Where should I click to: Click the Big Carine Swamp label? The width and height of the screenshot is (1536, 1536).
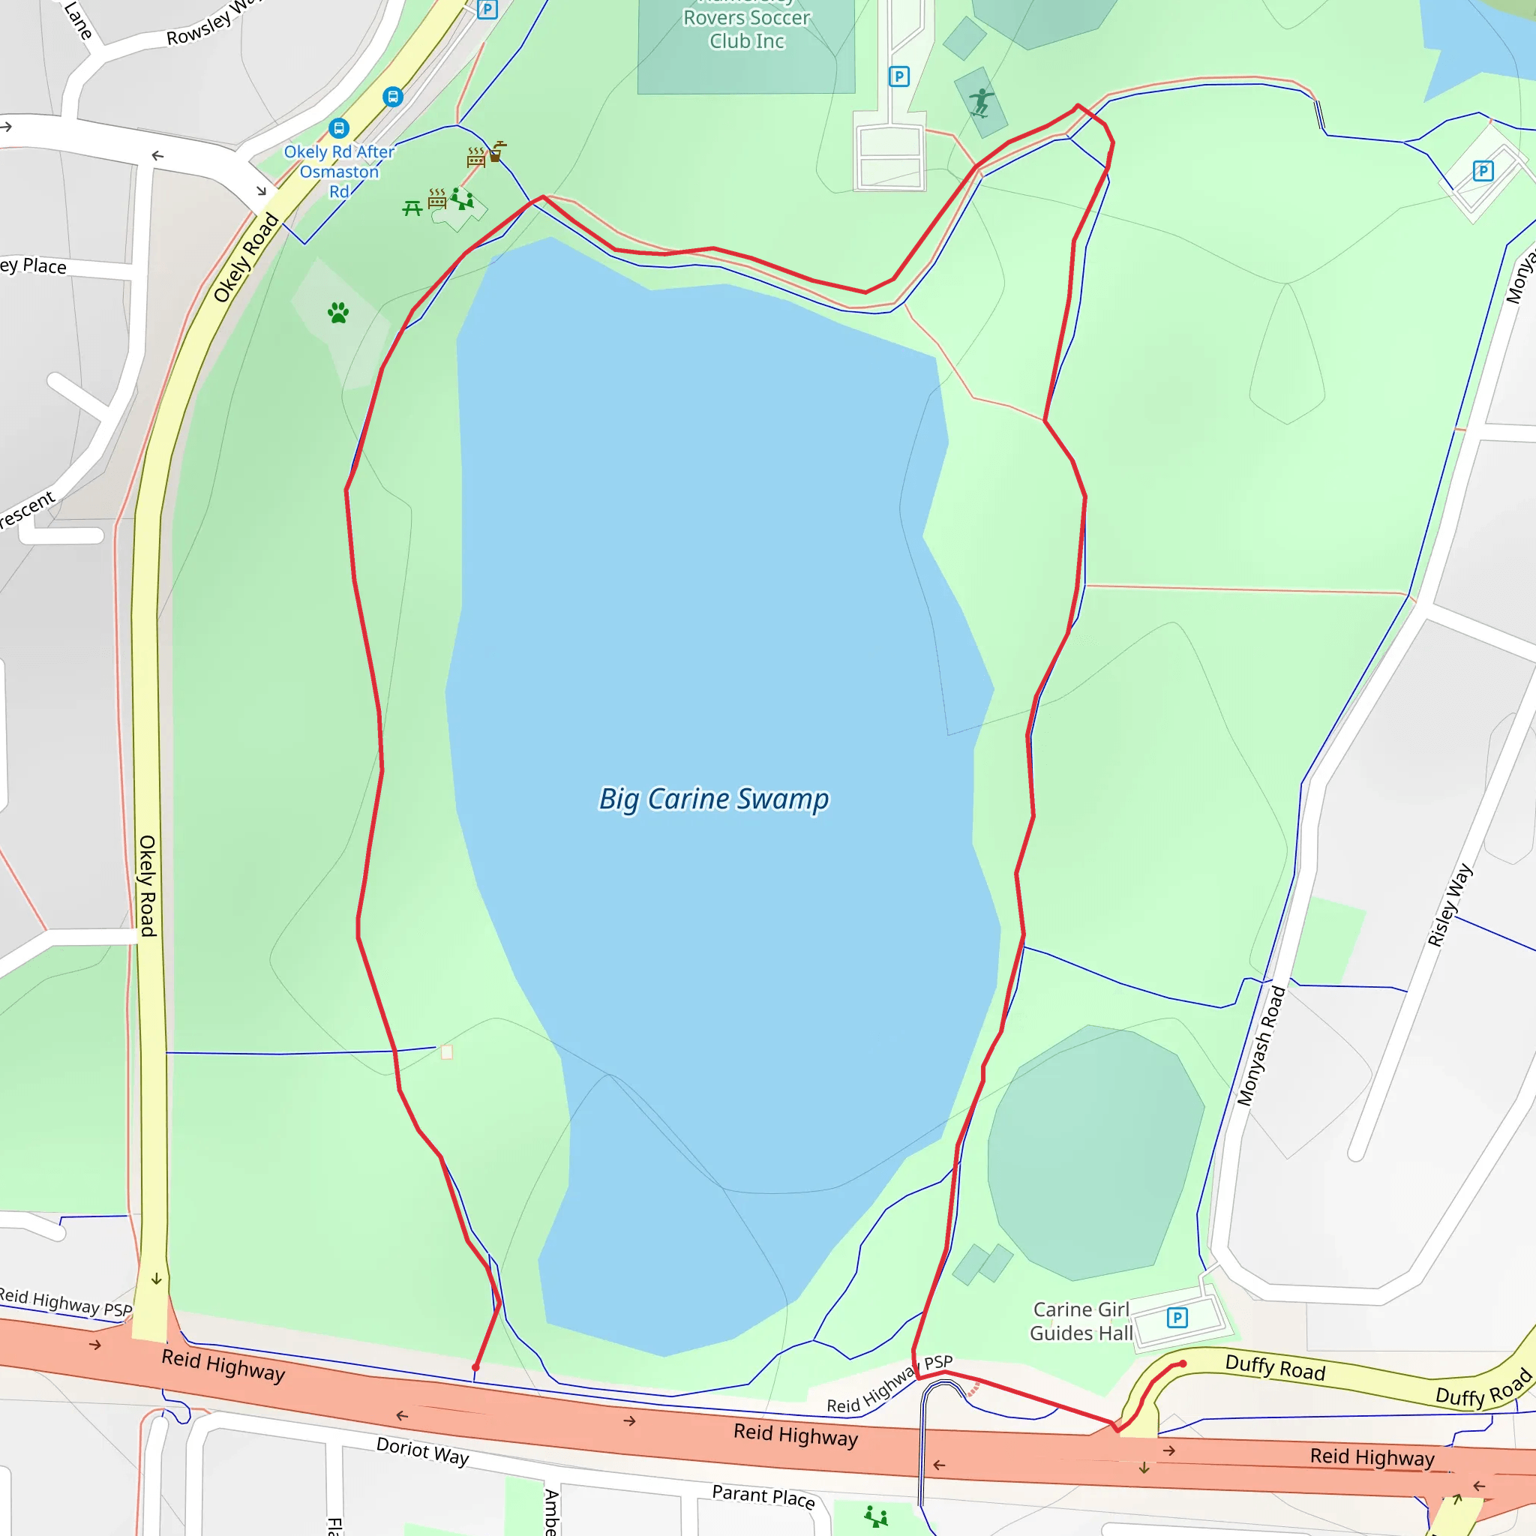713,799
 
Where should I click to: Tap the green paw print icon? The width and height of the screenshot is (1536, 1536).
338,313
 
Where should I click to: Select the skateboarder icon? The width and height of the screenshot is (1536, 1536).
982,103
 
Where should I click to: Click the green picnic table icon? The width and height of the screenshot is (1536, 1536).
412,208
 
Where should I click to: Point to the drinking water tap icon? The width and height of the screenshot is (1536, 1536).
498,150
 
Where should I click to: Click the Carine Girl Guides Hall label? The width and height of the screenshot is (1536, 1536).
1081,1321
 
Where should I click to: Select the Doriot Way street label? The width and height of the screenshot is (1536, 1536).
422,1451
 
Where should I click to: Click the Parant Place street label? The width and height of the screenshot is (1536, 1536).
763,1496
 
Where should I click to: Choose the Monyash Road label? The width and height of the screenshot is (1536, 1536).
1261,1045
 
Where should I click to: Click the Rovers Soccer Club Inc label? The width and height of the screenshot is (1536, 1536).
746,29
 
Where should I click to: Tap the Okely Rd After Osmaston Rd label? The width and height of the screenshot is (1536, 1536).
340,171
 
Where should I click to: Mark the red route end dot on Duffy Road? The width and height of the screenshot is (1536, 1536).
1183,1364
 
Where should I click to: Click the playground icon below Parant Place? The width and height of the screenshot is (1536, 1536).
875,1516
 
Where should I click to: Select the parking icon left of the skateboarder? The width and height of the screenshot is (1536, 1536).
898,76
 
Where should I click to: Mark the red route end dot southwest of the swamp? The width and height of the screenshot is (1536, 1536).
475,1367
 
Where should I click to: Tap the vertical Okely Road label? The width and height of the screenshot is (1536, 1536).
148,886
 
